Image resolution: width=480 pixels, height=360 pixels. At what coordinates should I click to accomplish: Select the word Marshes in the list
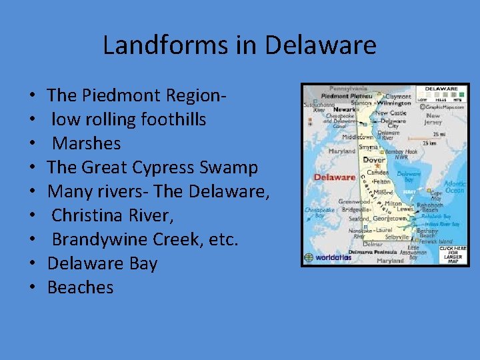point(86,143)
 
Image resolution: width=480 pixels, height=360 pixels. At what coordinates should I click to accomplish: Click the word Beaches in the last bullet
point(80,287)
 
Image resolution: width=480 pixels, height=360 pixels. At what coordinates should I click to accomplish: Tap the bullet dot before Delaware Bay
point(33,264)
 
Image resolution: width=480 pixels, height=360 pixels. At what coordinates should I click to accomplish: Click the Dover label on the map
point(374,160)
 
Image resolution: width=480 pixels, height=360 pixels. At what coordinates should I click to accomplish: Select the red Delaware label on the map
point(334,177)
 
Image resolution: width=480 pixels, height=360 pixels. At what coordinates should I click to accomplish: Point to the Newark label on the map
point(344,109)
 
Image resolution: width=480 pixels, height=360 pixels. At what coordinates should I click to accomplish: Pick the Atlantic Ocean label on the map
point(455,187)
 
